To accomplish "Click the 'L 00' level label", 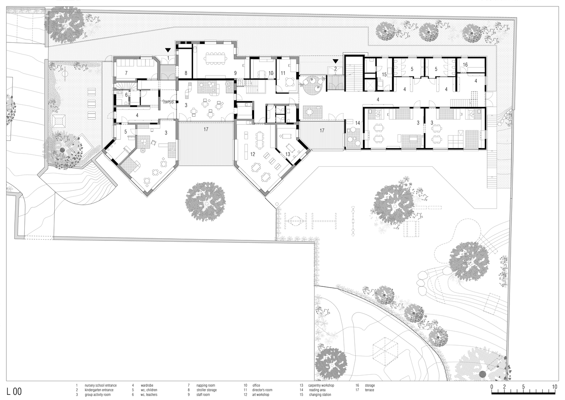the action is click(14, 392).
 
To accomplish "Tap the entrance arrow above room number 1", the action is click(168, 50).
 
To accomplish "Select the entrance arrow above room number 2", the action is click(336, 61).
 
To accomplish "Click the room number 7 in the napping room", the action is click(126, 73).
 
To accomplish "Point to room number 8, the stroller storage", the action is click(186, 73).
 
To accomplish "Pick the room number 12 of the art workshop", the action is click(253, 154).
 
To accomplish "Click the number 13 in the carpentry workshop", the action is click(288, 154).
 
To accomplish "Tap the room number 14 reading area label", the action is click(358, 123).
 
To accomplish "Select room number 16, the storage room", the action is click(465, 65).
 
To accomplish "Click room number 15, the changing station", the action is click(384, 74).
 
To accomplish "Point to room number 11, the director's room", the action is click(283, 73).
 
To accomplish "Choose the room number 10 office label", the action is click(271, 73).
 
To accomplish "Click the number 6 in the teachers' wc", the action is click(126, 95).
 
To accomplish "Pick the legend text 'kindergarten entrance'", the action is click(99, 390).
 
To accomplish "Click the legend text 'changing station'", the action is click(320, 394).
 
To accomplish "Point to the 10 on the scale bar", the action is click(554, 387).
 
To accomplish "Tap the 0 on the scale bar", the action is click(491, 387).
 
